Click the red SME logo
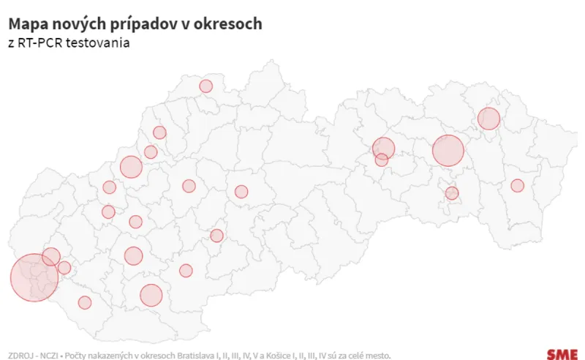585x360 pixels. click(562, 355)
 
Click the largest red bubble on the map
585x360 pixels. click(34, 278)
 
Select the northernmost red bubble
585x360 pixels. click(205, 86)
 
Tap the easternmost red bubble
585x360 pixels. click(517, 186)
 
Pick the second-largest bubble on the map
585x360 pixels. click(448, 151)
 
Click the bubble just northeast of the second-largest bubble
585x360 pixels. click(488, 119)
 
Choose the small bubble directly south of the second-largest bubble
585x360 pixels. click(452, 193)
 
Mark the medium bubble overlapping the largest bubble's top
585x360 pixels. click(50, 257)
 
